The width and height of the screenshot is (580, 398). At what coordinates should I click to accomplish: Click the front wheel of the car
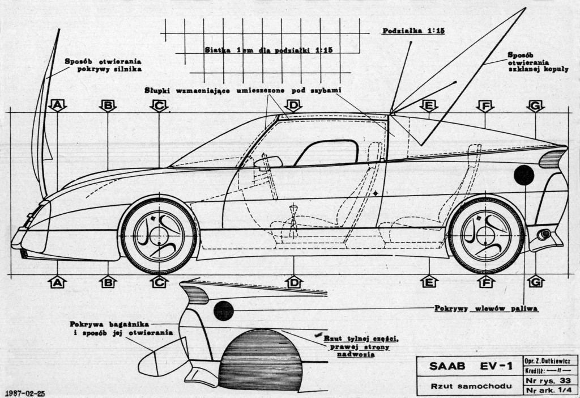159,234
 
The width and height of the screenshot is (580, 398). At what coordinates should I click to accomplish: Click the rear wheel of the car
485,234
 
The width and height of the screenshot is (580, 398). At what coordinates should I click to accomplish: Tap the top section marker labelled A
58,105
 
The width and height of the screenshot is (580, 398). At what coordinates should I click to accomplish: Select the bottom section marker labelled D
293,282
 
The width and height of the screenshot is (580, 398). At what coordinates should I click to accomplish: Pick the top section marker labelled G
535,105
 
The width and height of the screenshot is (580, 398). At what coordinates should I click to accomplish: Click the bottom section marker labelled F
485,282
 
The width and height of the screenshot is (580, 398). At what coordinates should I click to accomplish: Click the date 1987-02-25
24,392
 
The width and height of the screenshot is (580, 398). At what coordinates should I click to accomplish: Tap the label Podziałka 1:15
413,31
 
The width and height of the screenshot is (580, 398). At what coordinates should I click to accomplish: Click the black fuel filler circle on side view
524,175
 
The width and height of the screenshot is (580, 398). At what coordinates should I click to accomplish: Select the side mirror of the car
268,163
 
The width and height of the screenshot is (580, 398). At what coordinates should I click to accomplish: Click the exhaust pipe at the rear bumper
545,234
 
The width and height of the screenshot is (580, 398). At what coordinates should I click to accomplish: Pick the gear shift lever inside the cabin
293,216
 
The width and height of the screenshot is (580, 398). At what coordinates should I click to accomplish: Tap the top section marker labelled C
159,105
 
